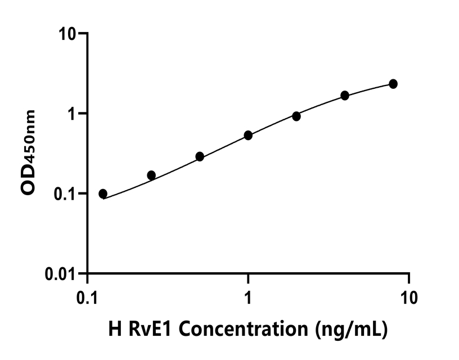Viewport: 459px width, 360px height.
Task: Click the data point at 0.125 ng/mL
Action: coord(103,193)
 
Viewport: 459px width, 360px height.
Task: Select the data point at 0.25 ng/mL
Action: coord(151,175)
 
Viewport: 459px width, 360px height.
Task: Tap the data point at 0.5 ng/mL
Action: coord(200,156)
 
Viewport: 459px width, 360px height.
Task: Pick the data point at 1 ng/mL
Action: coord(248,135)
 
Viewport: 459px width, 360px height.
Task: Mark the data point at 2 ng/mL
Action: coord(296,116)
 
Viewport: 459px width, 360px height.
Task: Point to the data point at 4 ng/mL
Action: coord(345,95)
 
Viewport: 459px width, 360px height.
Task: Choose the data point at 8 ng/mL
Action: coord(393,84)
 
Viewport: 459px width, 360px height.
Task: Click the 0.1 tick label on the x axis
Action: coord(87,297)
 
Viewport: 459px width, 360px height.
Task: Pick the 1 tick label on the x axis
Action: coord(248,297)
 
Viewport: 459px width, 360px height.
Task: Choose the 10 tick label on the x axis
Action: coord(409,297)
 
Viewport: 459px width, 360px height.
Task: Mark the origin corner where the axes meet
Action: coord(87,274)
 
